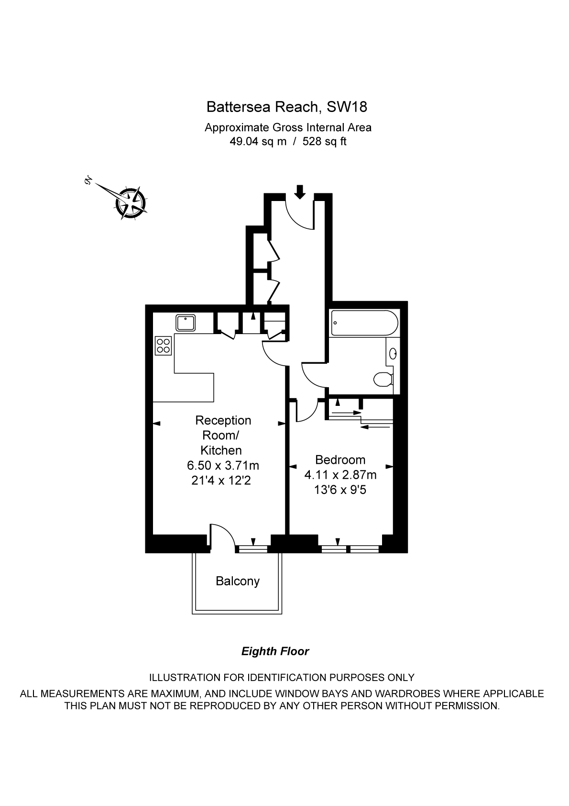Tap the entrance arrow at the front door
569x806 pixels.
[x=299, y=191]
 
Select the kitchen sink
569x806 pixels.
[x=186, y=323]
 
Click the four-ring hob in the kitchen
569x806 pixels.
[x=164, y=346]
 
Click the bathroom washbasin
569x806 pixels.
[x=393, y=354]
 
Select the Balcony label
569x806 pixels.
[x=238, y=581]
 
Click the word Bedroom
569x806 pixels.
[x=340, y=459]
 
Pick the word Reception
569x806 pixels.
[x=223, y=420]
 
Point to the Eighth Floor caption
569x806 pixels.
[x=275, y=651]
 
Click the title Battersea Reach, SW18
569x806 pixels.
[x=286, y=107]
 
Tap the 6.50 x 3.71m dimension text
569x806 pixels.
[x=223, y=465]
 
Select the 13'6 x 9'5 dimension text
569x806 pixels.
[x=340, y=490]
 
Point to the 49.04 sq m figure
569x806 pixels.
[x=258, y=142]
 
